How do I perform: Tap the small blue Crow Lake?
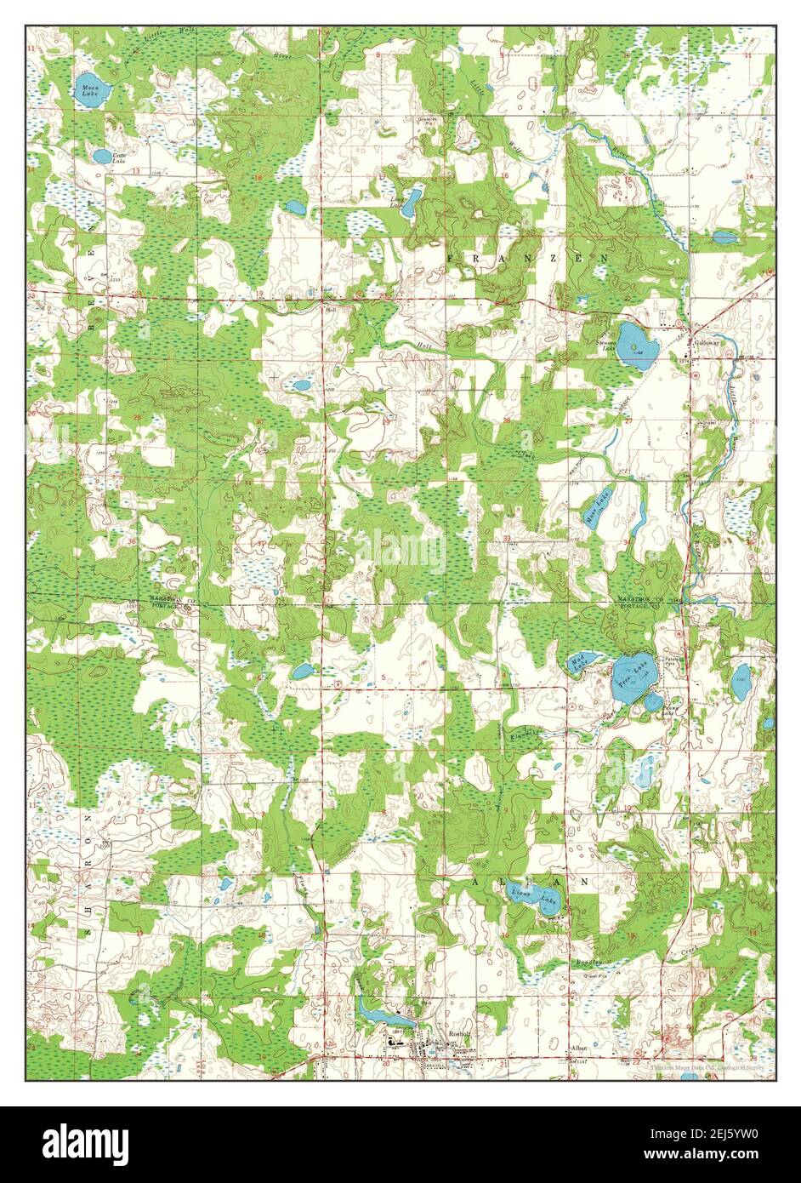coord(101,157)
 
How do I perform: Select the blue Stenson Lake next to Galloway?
coord(633,343)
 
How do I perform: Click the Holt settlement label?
coord(331,310)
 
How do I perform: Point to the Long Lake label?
coord(396,203)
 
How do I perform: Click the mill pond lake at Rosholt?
coord(383,1013)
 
